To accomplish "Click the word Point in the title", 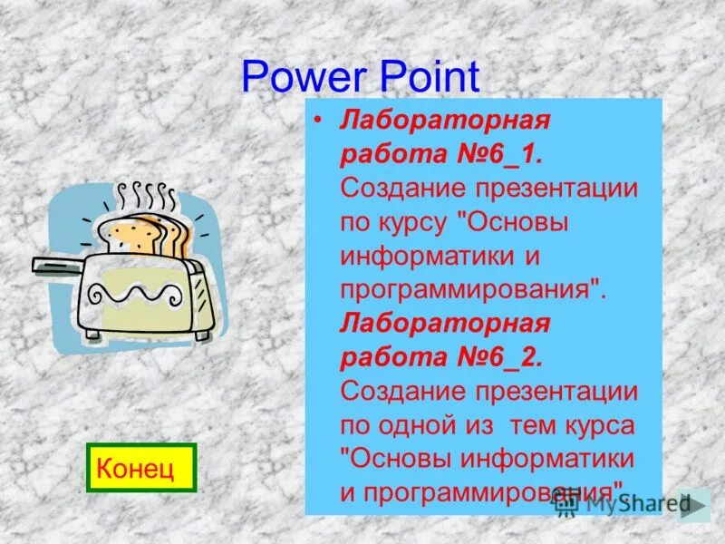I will [x=422, y=78].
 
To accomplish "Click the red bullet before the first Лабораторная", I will [x=318, y=120].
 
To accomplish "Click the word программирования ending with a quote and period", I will [x=471, y=289].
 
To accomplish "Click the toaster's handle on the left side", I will [x=56, y=264].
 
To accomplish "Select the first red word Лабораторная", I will [x=445, y=121].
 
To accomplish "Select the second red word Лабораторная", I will [x=445, y=324].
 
